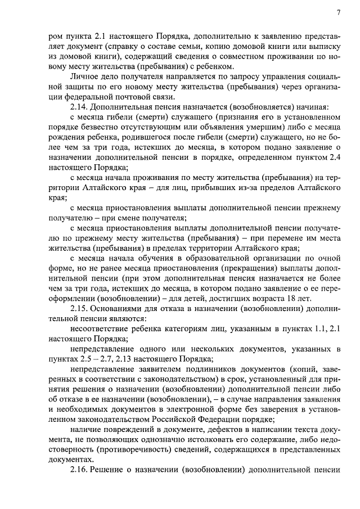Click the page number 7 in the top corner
point(339,12)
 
